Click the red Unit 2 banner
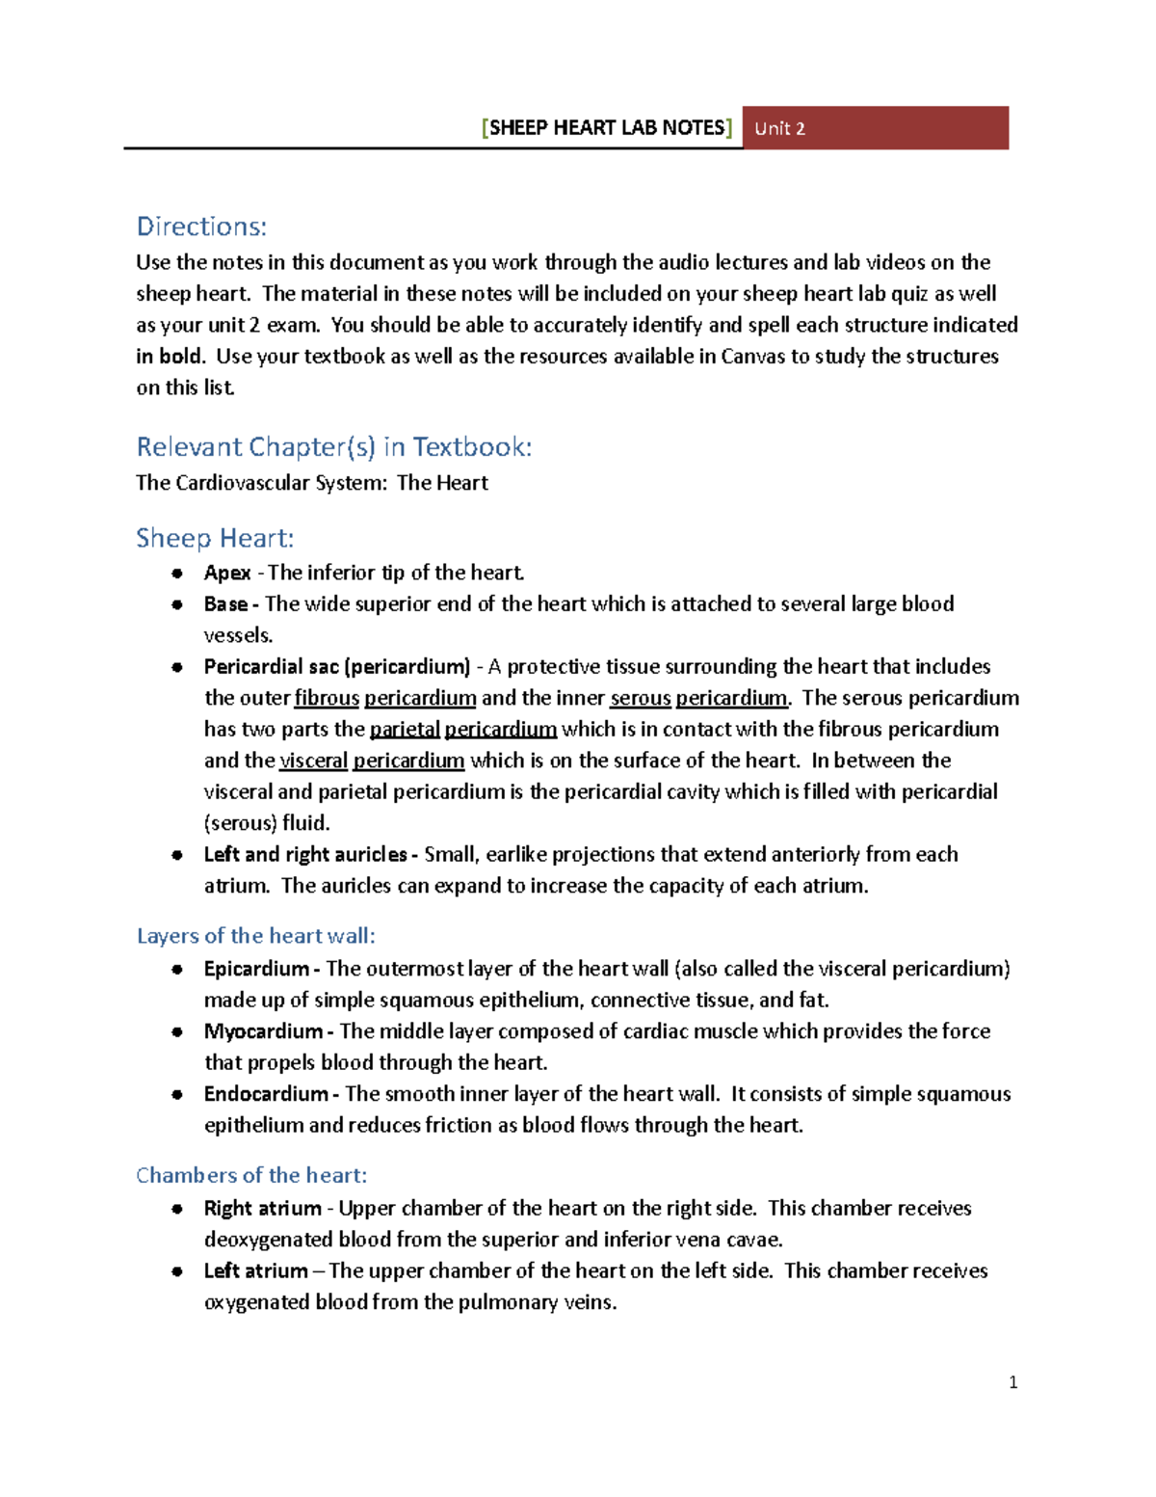[x=875, y=128]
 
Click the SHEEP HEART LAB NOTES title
[x=607, y=128]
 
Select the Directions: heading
[x=201, y=227]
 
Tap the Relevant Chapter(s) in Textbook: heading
[x=333, y=447]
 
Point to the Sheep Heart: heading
[x=215, y=538]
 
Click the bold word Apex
[x=227, y=573]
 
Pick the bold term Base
[x=226, y=604]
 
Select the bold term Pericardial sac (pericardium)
[x=337, y=667]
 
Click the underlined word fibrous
[x=327, y=698]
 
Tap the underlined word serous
[x=640, y=698]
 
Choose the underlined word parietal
[x=405, y=730]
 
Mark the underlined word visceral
[x=313, y=761]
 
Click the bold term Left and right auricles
[x=306, y=855]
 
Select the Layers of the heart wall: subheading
[x=255, y=936]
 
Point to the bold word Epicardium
[x=256, y=969]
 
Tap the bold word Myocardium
[x=263, y=1031]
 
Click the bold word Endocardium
[x=266, y=1094]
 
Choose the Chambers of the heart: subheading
[x=251, y=1176]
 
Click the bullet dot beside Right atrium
[x=177, y=1209]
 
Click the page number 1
[x=1012, y=1382]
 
